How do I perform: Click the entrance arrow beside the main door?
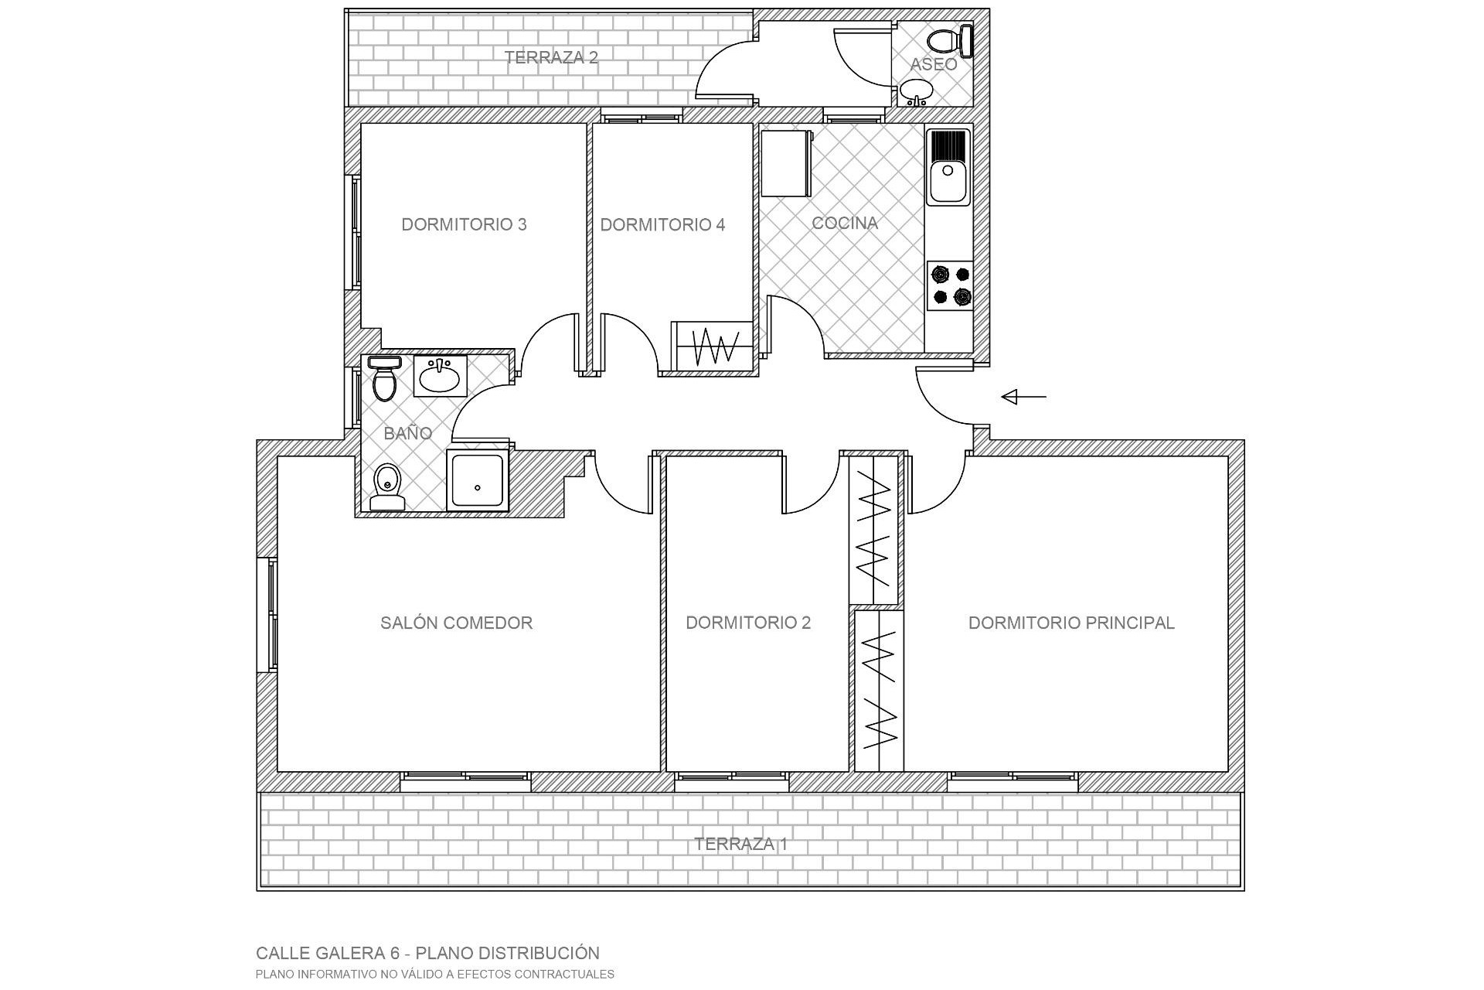click(x=1023, y=397)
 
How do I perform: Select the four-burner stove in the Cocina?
click(x=950, y=285)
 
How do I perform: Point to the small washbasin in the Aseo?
click(x=916, y=90)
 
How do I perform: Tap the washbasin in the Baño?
click(x=440, y=377)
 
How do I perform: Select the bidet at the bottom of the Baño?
click(x=386, y=486)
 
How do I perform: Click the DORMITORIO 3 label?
click(x=464, y=224)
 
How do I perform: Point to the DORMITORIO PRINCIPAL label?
click(x=1071, y=623)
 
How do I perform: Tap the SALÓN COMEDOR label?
click(x=456, y=623)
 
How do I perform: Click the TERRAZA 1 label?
click(x=740, y=844)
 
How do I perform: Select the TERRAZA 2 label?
click(x=551, y=57)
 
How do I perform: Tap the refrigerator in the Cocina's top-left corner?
click(x=786, y=162)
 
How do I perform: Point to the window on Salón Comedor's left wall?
click(x=272, y=615)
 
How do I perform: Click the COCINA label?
click(x=845, y=223)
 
